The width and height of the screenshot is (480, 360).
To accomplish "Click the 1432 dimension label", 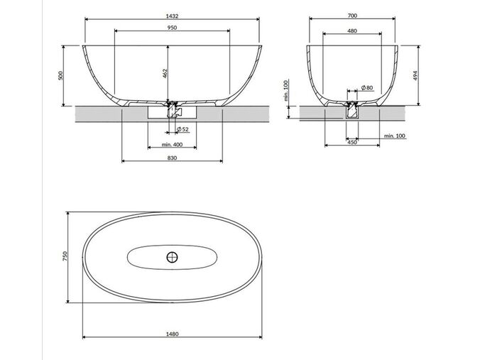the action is point(172,16).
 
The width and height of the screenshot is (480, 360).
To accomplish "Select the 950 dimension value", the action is point(172,28).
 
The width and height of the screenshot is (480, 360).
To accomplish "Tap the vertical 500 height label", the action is point(60,75).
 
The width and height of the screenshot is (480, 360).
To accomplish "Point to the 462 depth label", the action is point(165,74).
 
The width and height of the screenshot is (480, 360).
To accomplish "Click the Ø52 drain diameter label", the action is point(182,129).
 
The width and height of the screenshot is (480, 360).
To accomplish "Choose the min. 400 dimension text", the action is point(172,144).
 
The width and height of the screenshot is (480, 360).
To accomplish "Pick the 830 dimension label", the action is point(172,158).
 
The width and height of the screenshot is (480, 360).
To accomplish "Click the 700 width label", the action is point(352,16).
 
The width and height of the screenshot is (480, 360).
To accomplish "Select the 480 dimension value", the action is point(352,31).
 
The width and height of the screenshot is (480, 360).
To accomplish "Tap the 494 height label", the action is point(415,75).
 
